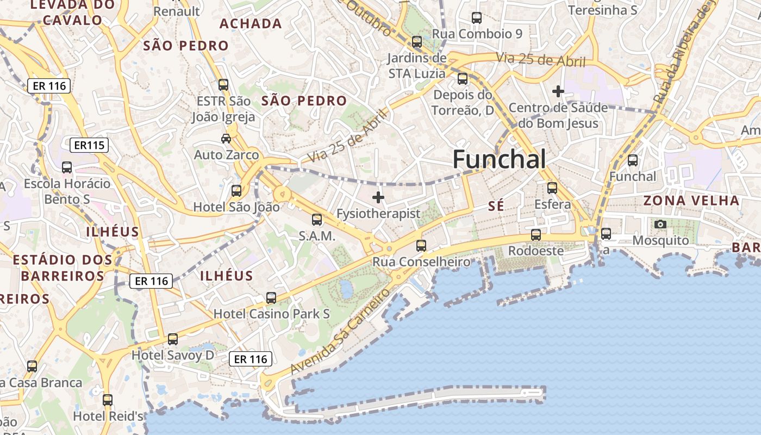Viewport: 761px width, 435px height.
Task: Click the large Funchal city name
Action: pyautogui.click(x=499, y=159)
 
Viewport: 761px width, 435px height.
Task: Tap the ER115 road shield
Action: pyautogui.click(x=89, y=145)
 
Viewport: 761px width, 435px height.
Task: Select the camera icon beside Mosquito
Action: pyautogui.click(x=660, y=224)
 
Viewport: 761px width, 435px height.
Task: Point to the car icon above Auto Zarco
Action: pyautogui.click(x=226, y=139)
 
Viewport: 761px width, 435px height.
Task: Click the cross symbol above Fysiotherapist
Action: pyautogui.click(x=378, y=197)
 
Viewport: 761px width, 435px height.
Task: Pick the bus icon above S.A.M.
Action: pyautogui.click(x=317, y=220)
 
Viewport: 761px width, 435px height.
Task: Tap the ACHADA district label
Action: pyautogui.click(x=251, y=23)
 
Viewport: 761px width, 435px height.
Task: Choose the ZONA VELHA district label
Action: pyautogui.click(x=691, y=200)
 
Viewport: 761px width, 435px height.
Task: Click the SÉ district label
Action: pyautogui.click(x=496, y=206)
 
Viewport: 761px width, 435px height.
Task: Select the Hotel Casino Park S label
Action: pyautogui.click(x=272, y=314)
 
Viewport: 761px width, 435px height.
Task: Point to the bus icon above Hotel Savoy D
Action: pyautogui.click(x=173, y=339)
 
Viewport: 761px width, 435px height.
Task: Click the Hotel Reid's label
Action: pyautogui.click(x=108, y=417)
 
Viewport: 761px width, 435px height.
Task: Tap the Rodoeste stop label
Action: pyautogui.click(x=535, y=251)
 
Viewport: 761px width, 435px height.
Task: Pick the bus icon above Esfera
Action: pyautogui.click(x=552, y=188)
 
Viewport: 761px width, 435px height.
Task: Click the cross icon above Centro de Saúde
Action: pyautogui.click(x=558, y=91)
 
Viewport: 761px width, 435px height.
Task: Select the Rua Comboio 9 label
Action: pyautogui.click(x=477, y=34)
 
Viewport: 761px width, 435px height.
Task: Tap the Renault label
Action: pyautogui.click(x=177, y=11)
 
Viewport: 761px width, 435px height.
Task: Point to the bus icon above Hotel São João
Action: pyautogui.click(x=236, y=191)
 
